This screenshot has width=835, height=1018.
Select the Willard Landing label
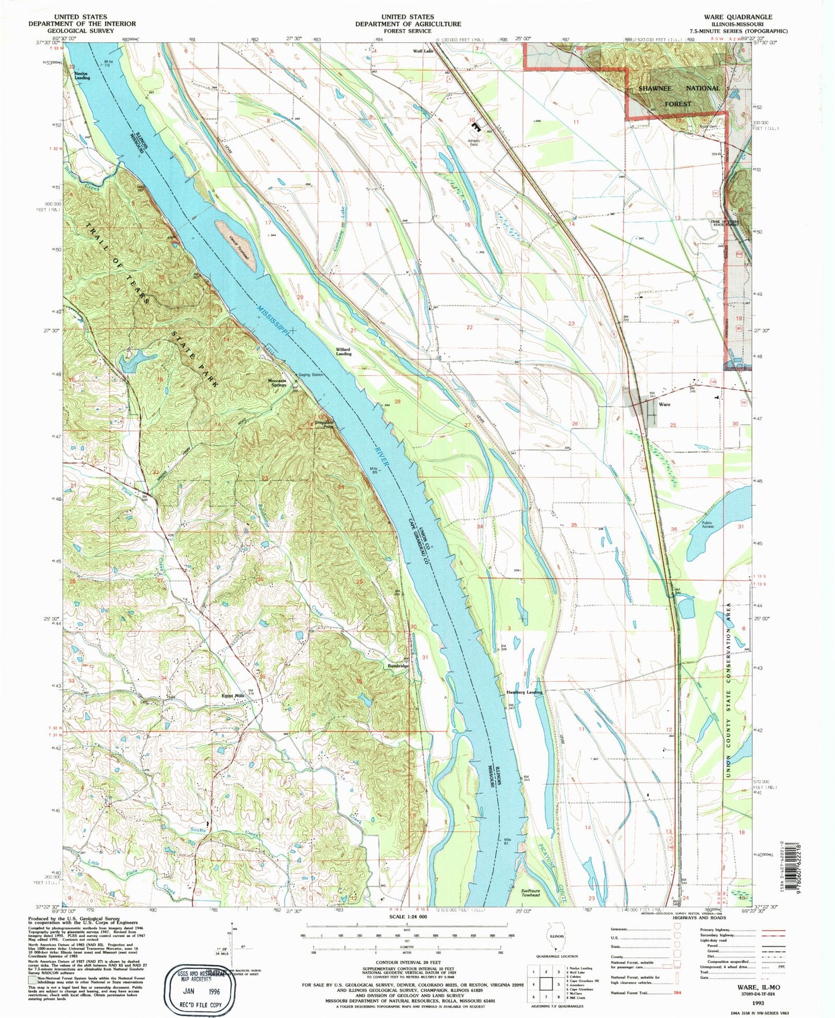point(343,351)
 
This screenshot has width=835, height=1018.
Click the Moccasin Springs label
point(279,382)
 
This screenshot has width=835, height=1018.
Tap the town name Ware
point(665,404)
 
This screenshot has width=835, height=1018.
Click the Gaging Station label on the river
point(311,375)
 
